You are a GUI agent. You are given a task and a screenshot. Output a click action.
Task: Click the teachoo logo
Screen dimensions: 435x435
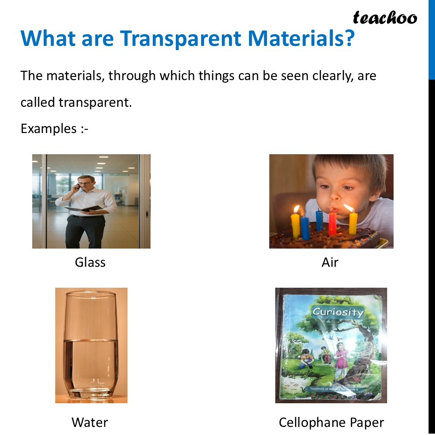click(x=385, y=17)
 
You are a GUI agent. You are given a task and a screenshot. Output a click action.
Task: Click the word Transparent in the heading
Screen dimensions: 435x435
click(x=181, y=39)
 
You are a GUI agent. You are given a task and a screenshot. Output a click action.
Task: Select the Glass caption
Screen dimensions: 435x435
click(x=90, y=262)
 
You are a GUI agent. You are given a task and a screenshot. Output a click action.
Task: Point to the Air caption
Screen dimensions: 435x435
click(x=330, y=262)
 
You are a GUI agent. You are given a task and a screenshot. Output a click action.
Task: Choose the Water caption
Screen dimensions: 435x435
click(x=90, y=422)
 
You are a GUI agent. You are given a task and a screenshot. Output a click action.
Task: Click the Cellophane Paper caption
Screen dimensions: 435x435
click(x=331, y=422)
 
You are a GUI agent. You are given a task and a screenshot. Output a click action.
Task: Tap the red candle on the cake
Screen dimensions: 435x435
click(x=332, y=222)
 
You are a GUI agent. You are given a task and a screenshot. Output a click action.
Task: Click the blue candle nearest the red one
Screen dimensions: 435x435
click(x=319, y=220)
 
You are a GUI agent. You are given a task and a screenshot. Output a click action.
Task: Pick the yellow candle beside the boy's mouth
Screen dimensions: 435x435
click(x=353, y=222)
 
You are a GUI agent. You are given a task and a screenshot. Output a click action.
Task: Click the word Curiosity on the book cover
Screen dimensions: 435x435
click(x=337, y=312)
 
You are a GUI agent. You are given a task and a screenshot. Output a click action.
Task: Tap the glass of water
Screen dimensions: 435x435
click(x=91, y=345)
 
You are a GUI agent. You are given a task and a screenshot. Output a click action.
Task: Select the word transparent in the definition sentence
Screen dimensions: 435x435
click(x=95, y=102)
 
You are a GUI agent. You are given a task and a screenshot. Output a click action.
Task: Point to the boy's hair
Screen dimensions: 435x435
click(x=350, y=166)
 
